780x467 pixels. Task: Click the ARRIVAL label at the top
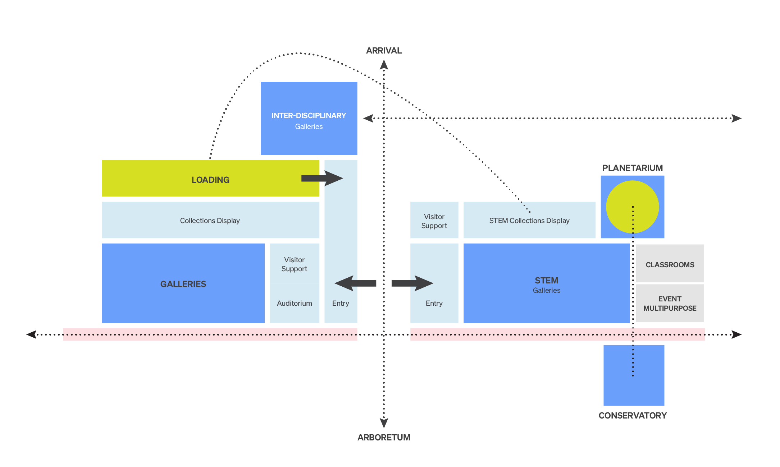384,51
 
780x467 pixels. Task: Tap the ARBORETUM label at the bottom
384,437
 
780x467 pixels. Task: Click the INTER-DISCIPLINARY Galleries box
309,119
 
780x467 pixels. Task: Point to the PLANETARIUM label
632,168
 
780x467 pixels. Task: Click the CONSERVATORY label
632,415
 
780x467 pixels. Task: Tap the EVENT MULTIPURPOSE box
670,303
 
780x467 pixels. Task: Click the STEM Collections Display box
529,220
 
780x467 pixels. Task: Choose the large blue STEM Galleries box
546,284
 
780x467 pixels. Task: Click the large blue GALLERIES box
183,284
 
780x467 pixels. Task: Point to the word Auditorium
294,303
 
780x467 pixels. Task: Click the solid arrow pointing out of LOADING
322,178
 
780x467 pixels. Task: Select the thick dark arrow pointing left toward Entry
355,283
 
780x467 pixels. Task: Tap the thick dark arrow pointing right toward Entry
412,283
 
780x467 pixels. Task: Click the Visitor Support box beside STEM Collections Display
434,220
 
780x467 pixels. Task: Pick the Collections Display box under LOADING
210,220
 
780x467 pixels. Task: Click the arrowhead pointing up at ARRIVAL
384,65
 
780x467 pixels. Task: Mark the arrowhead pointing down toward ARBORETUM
384,423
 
